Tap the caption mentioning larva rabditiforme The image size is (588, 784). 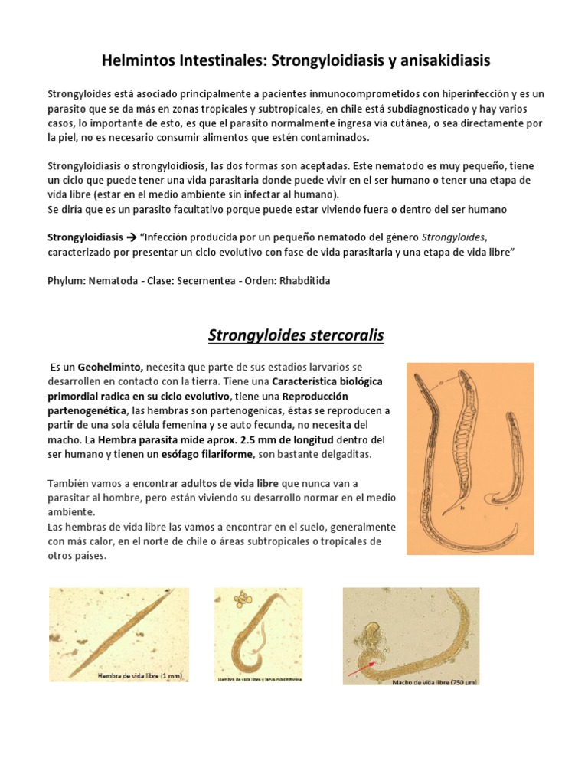point(258,679)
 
